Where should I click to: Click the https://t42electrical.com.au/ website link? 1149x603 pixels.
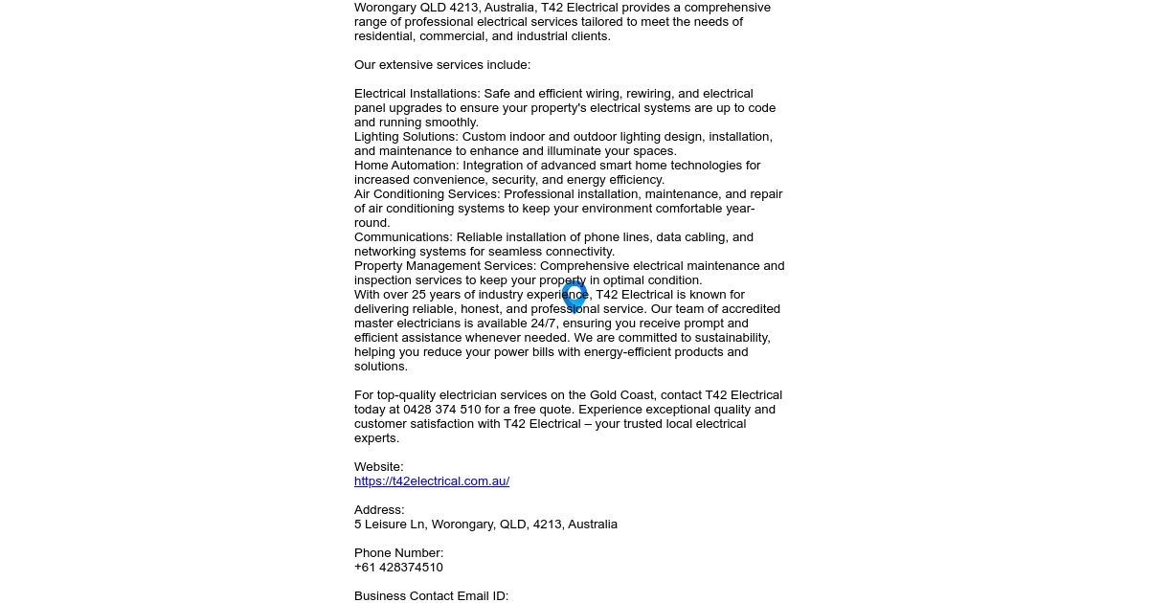coord(431,481)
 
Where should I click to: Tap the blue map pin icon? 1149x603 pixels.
coord(574,295)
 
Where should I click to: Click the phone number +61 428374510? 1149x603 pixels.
coord(398,568)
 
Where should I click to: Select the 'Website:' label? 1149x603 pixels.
coord(379,467)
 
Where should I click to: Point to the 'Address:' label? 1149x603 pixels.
coord(379,510)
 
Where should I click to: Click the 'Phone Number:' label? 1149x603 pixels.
coord(398,553)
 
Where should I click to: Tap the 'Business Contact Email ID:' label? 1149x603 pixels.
coord(431,596)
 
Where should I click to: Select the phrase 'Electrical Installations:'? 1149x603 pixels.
coord(417,94)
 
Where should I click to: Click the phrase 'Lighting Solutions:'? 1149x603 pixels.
coord(406,137)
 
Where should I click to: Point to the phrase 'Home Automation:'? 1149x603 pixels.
coord(406,166)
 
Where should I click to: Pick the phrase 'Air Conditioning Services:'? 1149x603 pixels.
coord(427,194)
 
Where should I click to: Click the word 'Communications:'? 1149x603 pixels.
coord(403,237)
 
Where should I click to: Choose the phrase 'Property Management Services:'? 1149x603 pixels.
coord(445,266)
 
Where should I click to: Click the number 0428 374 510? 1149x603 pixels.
coord(442,410)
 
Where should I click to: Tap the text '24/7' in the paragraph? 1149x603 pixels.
coord(544,324)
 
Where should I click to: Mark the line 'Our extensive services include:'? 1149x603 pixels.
coord(442,65)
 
